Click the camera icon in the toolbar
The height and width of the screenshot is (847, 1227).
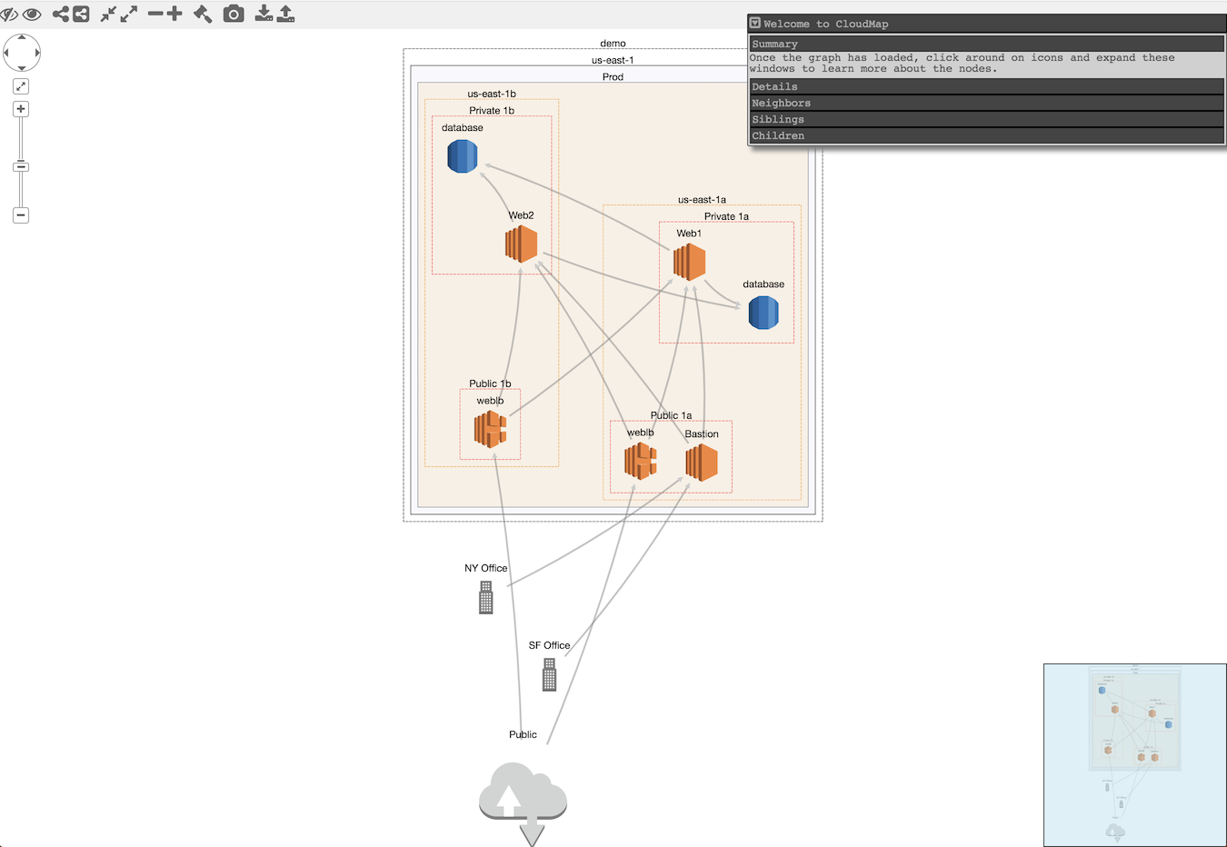tap(234, 14)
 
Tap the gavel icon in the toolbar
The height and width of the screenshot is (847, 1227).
tap(203, 14)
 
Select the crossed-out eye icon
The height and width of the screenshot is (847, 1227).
tap(9, 15)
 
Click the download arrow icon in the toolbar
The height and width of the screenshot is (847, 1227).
tap(263, 14)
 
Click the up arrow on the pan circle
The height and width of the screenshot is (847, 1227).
tap(22, 37)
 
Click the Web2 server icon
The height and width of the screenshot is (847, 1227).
tap(522, 244)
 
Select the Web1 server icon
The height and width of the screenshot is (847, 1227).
tap(689, 263)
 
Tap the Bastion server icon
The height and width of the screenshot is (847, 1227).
tap(702, 463)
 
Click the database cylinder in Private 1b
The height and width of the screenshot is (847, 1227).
tap(463, 156)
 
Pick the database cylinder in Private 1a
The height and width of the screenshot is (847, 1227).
tap(763, 313)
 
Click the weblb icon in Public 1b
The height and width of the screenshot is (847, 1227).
tap(490, 429)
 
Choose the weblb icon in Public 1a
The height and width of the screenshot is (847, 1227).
tap(641, 461)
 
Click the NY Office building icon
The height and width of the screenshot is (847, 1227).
tap(486, 598)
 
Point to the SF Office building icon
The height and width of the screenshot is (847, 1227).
tap(549, 675)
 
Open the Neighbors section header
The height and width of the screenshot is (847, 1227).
tap(986, 103)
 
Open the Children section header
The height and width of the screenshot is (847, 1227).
tap(986, 135)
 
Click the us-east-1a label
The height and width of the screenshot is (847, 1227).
tap(702, 200)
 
